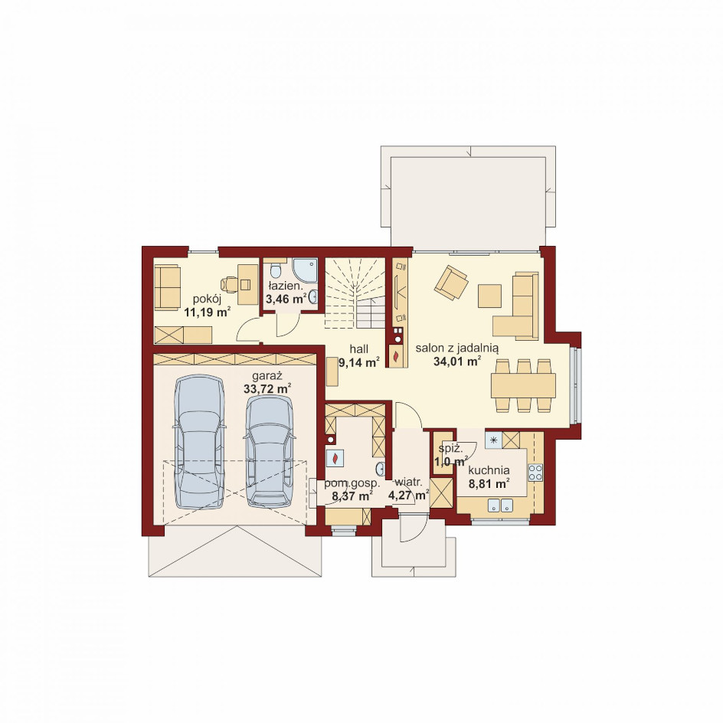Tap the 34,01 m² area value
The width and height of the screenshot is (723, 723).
[x=457, y=361]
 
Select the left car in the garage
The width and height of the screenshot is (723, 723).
[x=199, y=441]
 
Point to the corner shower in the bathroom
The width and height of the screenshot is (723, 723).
[x=305, y=270]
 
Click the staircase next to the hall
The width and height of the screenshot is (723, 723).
[x=355, y=293]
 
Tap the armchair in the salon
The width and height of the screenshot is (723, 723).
[x=451, y=282]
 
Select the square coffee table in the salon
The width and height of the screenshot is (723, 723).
[x=489, y=296]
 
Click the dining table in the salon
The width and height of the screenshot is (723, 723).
[x=523, y=385]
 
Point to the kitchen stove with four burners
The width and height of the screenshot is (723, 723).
[x=535, y=472]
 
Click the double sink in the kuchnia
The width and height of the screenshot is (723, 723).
[x=500, y=505]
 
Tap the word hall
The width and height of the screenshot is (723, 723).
[x=358, y=348]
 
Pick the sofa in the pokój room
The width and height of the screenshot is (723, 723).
[x=166, y=286]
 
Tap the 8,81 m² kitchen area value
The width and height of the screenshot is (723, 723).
[x=489, y=484]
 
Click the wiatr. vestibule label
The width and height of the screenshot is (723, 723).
[x=408, y=483]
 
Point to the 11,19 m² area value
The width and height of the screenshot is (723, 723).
[x=208, y=312]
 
